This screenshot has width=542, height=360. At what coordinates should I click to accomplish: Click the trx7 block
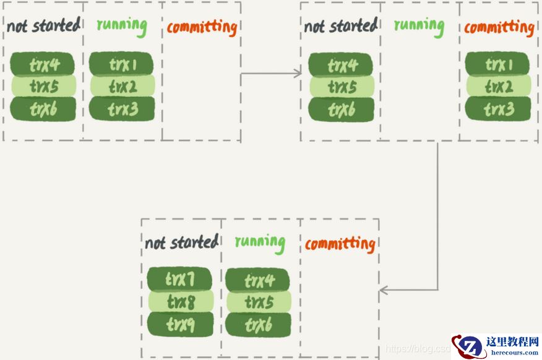coord(179,280)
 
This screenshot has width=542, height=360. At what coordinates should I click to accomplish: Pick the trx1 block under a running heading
coord(122,64)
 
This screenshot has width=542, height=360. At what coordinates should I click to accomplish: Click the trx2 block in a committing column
coord(497,87)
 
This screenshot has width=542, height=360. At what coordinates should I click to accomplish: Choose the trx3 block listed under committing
coord(497,109)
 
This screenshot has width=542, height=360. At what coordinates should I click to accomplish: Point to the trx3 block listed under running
coord(122,109)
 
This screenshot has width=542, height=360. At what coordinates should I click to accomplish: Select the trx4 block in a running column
coord(258,281)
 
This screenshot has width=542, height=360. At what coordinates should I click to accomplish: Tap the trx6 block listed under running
coord(258,325)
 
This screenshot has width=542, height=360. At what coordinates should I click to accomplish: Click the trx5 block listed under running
coord(258,302)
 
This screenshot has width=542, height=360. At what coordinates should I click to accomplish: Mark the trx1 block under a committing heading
coord(497,64)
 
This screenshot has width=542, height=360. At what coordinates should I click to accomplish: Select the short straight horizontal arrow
coord(270,74)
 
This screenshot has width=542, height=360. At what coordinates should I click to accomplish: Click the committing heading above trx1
coord(499,28)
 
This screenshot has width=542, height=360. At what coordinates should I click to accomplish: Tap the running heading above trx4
coord(260,242)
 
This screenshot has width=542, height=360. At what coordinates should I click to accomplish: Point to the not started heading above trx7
coord(181,242)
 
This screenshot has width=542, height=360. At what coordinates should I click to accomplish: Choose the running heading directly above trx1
coord(122,26)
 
